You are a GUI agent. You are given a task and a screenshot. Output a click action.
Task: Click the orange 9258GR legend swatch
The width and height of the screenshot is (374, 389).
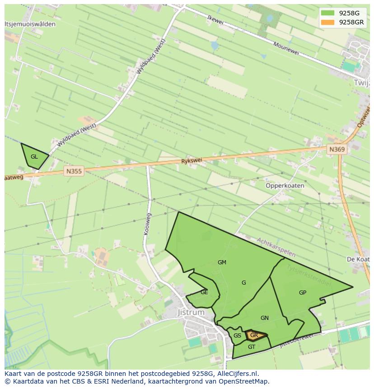point(327,22)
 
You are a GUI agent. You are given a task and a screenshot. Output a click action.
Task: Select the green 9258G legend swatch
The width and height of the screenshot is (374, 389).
point(327,13)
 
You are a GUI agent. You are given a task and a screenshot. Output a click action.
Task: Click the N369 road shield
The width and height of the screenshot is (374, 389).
point(337,150)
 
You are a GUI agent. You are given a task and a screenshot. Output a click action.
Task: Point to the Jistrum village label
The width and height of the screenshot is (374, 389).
point(191,312)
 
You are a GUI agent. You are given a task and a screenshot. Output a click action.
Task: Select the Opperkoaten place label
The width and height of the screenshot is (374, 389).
point(285,185)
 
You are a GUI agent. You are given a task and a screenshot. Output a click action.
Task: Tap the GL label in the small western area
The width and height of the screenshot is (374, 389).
point(34,157)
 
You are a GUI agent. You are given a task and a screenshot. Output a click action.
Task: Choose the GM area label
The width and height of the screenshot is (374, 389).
point(222,262)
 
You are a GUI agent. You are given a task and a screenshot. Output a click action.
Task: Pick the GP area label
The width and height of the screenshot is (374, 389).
point(303,292)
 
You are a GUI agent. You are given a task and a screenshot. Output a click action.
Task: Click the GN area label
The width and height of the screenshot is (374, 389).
point(265,318)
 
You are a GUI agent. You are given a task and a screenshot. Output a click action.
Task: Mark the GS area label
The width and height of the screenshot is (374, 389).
point(237,336)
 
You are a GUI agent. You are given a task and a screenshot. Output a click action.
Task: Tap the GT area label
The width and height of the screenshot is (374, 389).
point(252,347)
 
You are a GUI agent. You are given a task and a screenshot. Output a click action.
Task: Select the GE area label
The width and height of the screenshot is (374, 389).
point(204,292)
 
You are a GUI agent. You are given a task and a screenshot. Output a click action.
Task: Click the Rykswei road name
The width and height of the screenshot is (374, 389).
point(192,161)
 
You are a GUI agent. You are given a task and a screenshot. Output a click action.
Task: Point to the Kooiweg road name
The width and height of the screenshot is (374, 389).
point(148,224)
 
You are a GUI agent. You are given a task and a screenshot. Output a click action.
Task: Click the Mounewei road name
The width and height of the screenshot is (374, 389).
point(286,49)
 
